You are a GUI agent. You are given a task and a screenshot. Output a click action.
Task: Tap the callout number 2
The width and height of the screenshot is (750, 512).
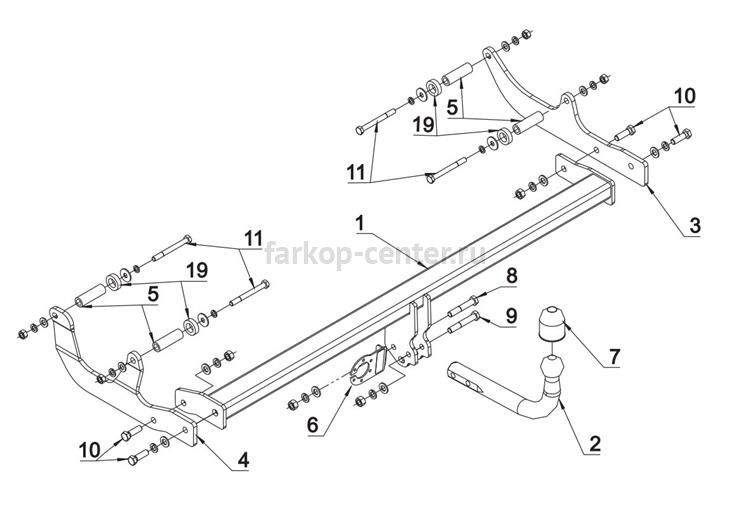(595, 444)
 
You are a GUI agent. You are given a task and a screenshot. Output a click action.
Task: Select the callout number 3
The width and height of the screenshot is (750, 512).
(694, 225)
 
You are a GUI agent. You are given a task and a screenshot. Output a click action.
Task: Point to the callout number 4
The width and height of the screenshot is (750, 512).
(243, 460)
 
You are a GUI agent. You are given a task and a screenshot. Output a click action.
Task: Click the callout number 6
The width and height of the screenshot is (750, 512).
(312, 425)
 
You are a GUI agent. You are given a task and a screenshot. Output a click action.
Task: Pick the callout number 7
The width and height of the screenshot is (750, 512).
(614, 356)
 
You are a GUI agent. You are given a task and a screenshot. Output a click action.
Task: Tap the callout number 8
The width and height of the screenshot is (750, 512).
(511, 276)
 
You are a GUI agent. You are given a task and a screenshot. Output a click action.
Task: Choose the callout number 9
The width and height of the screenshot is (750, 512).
(511, 315)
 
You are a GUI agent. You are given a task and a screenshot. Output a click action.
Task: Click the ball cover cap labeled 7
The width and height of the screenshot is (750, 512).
(552, 324)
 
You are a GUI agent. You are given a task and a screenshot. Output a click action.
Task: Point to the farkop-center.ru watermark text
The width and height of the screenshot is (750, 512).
(375, 253)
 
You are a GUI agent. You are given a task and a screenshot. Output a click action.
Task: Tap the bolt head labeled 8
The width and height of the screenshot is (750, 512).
(474, 301)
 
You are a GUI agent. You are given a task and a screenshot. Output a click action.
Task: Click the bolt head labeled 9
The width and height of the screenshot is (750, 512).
(475, 315)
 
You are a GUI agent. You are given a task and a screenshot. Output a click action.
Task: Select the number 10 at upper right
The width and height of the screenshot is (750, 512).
(684, 96)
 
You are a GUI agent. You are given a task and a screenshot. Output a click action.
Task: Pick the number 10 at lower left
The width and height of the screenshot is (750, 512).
(89, 450)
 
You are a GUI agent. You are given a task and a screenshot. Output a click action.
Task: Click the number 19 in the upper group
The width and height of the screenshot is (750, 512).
(424, 125)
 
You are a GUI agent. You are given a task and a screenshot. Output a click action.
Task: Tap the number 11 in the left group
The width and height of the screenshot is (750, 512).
(254, 238)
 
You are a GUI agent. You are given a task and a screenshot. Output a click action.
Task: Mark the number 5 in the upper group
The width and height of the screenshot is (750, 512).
(452, 108)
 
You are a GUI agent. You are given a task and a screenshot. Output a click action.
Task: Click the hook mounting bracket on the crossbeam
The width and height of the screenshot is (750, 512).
(421, 329)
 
